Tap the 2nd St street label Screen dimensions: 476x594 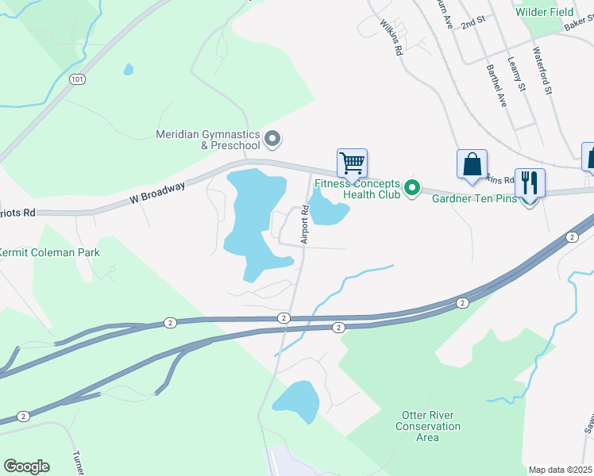tap(472, 23)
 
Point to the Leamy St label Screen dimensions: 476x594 tap(517, 78)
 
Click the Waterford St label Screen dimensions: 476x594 tap(542, 70)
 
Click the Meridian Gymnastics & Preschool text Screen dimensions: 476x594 tap(208, 140)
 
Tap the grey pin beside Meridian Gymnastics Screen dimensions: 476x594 tap(272, 140)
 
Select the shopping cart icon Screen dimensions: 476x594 tap(352, 163)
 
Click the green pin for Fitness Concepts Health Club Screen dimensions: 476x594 tap(411, 188)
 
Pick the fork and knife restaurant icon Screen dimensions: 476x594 tap(530, 183)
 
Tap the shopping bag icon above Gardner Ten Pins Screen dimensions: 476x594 tap(472, 164)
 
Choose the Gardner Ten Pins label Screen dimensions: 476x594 tap(473, 198)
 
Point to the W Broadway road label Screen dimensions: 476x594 tap(157, 194)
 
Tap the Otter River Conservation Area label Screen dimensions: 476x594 tap(428, 426)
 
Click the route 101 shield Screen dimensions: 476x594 tap(77, 79)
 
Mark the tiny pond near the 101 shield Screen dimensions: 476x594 tap(129, 69)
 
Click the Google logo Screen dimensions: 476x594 tap(26, 466)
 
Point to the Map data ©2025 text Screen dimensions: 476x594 tap(559, 470)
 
